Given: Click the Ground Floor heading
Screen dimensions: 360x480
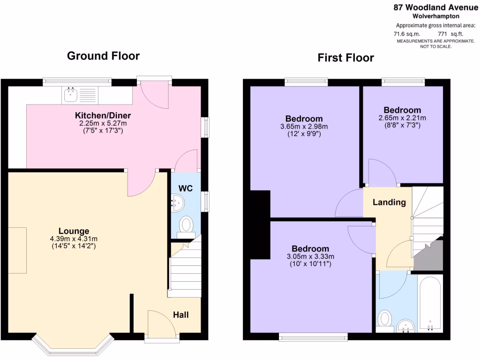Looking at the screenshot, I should tap(103, 56).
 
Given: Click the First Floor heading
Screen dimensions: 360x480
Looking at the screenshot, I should tap(345, 58).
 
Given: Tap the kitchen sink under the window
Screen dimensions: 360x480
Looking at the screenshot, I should tap(71, 95).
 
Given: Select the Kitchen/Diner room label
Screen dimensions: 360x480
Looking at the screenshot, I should tap(103, 116).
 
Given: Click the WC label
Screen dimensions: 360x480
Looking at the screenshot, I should tap(185, 188).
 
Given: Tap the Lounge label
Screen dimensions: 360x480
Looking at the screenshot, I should tap(74, 231).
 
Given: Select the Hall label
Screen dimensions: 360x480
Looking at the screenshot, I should tap(181, 315).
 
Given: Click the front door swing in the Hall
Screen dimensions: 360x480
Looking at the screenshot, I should tap(160, 323).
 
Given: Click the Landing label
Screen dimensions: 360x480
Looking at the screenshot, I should tap(389, 202).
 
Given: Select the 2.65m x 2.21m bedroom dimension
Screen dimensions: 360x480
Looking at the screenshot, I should tap(402, 118).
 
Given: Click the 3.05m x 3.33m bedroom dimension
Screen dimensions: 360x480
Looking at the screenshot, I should tap(310, 256).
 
